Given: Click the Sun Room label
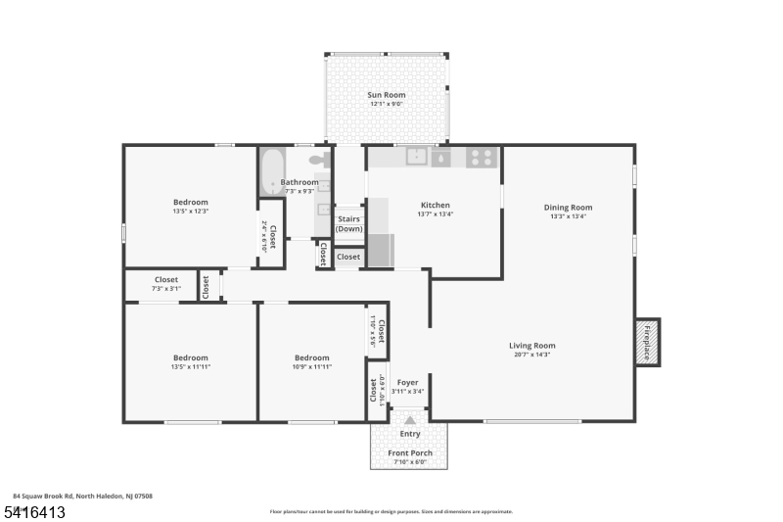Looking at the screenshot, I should [386, 95].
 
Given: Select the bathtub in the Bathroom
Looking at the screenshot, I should [271, 172].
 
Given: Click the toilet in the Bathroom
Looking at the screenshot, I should [318, 159].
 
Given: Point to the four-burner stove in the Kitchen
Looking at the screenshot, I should [480, 157].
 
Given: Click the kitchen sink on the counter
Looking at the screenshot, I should [417, 157].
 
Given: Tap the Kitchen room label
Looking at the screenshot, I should [435, 206].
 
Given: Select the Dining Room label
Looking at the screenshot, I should [568, 208].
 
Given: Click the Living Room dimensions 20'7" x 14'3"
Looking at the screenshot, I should [531, 355].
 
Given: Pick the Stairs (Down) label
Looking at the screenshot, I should [349, 223].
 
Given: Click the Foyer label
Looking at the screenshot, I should [407, 383].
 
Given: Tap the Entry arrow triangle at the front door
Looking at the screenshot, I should [410, 419].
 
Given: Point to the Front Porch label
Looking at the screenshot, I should [409, 453].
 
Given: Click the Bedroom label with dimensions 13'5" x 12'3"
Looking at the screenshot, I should [191, 203].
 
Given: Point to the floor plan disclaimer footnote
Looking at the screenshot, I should [391, 511].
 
